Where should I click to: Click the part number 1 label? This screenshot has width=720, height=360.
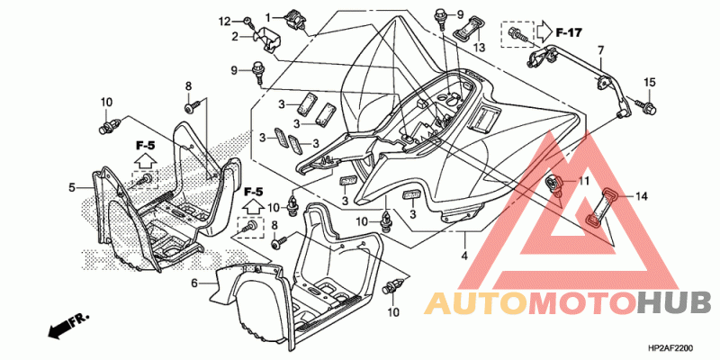coord(267,17)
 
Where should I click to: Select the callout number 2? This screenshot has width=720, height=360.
coord(235,37)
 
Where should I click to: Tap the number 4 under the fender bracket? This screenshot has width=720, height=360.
coord(464,255)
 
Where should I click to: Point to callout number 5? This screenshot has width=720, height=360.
coord(72,187)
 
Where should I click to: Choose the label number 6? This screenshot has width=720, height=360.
coord(194,283)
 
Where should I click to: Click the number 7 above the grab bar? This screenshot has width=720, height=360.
coord(599,49)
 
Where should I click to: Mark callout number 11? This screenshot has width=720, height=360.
coord(583,182)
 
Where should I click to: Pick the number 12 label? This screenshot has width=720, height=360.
coord(223,21)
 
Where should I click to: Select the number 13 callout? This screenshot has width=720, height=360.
coord(479,47)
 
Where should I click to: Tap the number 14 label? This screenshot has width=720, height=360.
coord(641,197)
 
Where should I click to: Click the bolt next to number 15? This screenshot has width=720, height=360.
coord(646,107)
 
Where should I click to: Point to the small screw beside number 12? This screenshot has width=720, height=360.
coord(248,21)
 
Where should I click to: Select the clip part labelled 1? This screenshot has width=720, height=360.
coord(294,21)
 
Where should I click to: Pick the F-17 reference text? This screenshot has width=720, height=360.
coord(569,32)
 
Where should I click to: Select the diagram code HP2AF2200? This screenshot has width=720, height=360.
coord(670,348)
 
